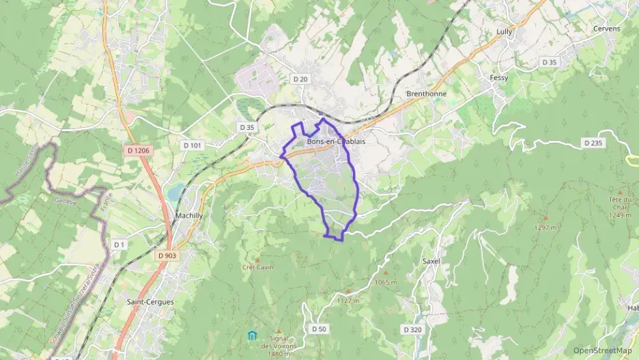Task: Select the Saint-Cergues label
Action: coord(150,301)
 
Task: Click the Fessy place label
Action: coord(499,78)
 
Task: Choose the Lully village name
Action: coord(504,31)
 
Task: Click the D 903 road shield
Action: coord(166,255)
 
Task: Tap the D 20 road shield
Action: coord(300,79)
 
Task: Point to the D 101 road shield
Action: coord(193,146)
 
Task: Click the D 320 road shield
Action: coord(412,329)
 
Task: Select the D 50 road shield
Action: coord(319,329)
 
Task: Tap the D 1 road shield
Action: coord(120,244)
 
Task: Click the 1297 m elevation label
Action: coord(546,227)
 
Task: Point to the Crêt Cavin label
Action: coord(257,267)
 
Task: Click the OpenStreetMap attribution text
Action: coord(602,350)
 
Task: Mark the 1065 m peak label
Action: coord(386,282)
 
